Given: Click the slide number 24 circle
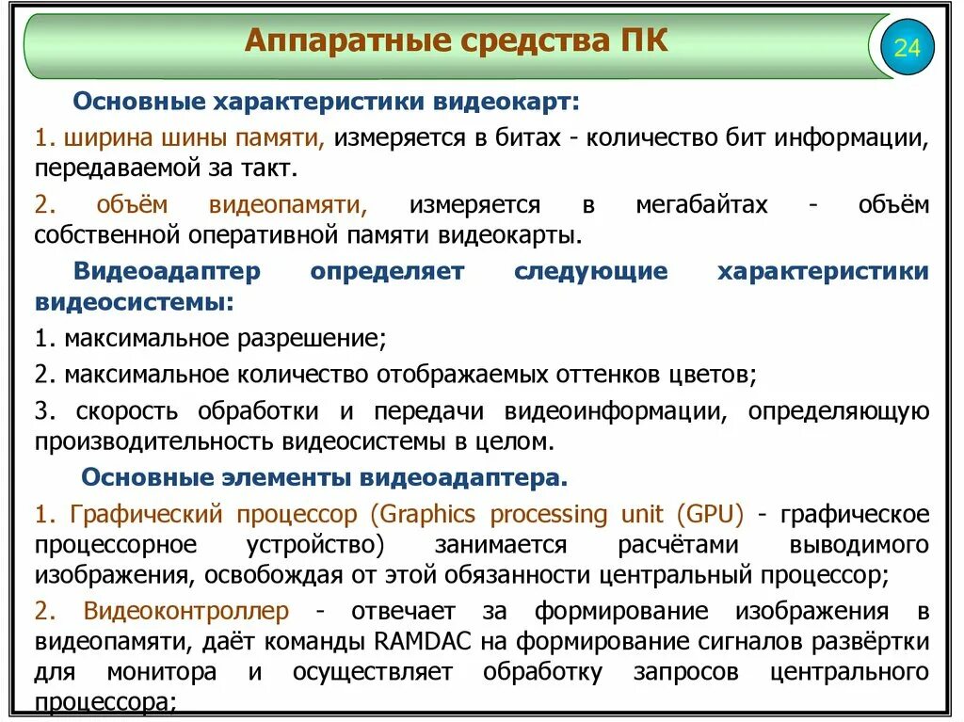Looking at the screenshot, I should click(907, 47).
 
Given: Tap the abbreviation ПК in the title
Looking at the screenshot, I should click(643, 41).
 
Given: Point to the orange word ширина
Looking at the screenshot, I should click(100, 138).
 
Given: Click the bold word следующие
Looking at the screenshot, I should click(590, 272).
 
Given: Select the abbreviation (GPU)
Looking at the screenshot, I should click(709, 515).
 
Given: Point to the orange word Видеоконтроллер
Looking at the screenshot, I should click(185, 611).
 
